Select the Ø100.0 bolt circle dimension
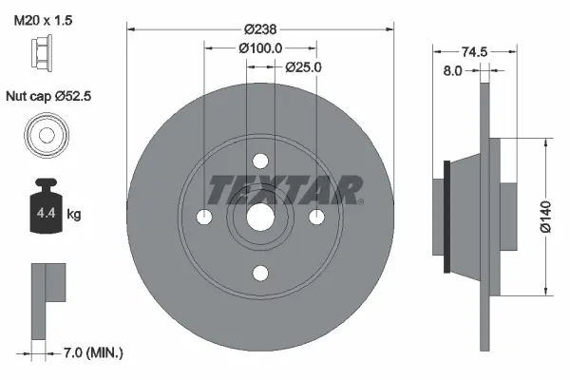260,47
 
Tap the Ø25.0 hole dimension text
304,66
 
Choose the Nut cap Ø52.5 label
53,96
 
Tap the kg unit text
74,215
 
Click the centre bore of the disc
260,218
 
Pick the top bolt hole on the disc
260,162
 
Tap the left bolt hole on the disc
204,218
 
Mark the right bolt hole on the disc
316,218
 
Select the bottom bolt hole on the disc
260,275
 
